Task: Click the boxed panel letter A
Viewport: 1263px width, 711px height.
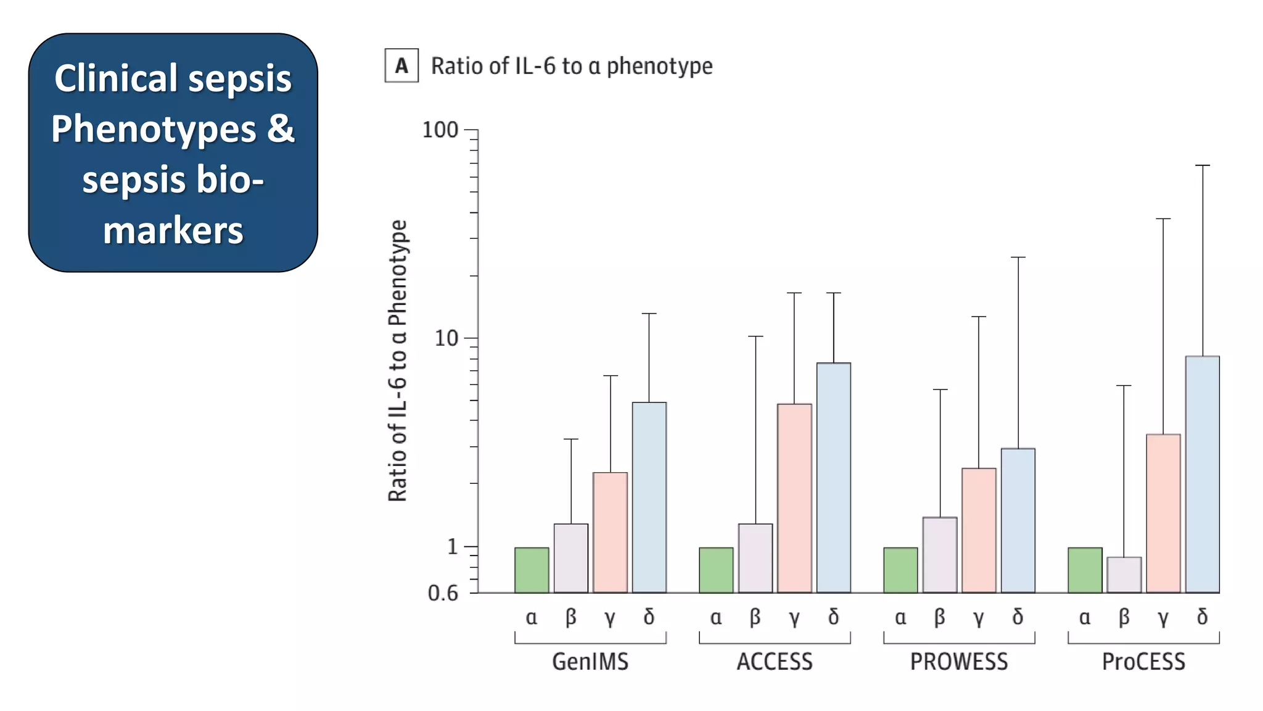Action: [401, 65]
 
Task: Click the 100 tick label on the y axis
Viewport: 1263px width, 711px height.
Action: [440, 130]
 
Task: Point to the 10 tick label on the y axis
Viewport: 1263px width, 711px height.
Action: [446, 338]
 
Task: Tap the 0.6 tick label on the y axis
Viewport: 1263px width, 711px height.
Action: [443, 593]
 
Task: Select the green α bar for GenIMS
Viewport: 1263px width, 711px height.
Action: [532, 570]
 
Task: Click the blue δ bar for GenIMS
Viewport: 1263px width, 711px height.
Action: [649, 497]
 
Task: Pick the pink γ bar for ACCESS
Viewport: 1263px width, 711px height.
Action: [794, 498]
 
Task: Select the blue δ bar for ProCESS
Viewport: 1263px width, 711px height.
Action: [1202, 474]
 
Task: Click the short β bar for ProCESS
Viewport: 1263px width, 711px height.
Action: [1124, 575]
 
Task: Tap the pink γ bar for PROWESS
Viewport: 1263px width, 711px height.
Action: [979, 530]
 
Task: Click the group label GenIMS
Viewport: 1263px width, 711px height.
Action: [590, 662]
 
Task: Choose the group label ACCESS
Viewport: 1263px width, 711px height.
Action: [775, 662]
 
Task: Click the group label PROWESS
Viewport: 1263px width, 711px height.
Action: [959, 662]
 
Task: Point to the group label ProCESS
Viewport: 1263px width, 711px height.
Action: [1143, 662]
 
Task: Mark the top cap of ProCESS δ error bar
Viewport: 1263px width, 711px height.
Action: [1203, 165]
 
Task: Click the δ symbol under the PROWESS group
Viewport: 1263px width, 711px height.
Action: [1018, 617]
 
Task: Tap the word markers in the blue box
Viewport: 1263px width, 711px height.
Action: [173, 231]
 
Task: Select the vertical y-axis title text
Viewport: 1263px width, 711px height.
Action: [398, 361]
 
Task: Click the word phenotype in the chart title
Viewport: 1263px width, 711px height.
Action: [659, 66]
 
